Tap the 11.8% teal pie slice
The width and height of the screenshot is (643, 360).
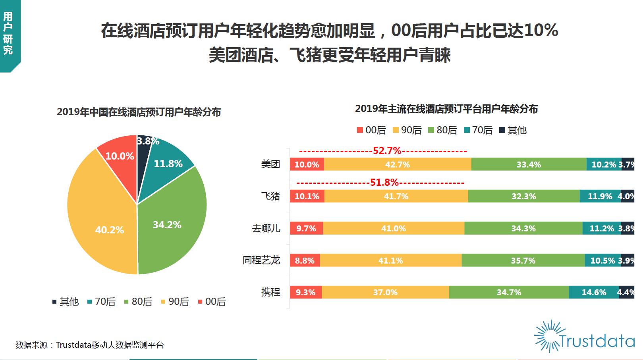click(x=167, y=165)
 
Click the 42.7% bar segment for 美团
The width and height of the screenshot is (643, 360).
click(x=397, y=164)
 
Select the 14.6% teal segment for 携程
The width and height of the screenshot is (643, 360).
click(x=594, y=293)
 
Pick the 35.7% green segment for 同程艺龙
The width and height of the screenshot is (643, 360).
click(x=523, y=260)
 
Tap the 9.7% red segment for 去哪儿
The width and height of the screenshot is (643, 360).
click(x=306, y=228)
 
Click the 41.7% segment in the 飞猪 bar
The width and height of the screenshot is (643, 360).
click(x=396, y=196)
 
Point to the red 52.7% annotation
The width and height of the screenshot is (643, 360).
click(x=387, y=151)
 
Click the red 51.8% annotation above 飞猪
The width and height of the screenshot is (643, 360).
click(x=384, y=183)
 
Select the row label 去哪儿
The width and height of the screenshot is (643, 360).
click(x=266, y=228)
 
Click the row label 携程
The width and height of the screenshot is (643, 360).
click(x=270, y=292)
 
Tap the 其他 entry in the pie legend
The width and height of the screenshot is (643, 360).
click(x=66, y=302)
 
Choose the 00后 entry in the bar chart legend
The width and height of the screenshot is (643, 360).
click(x=372, y=130)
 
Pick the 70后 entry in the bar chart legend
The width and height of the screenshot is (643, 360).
click(x=479, y=130)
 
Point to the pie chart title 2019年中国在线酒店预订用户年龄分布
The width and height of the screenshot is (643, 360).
click(x=139, y=112)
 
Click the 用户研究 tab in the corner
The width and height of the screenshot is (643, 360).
click(x=8, y=34)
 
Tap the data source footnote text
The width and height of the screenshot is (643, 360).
click(x=90, y=345)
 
